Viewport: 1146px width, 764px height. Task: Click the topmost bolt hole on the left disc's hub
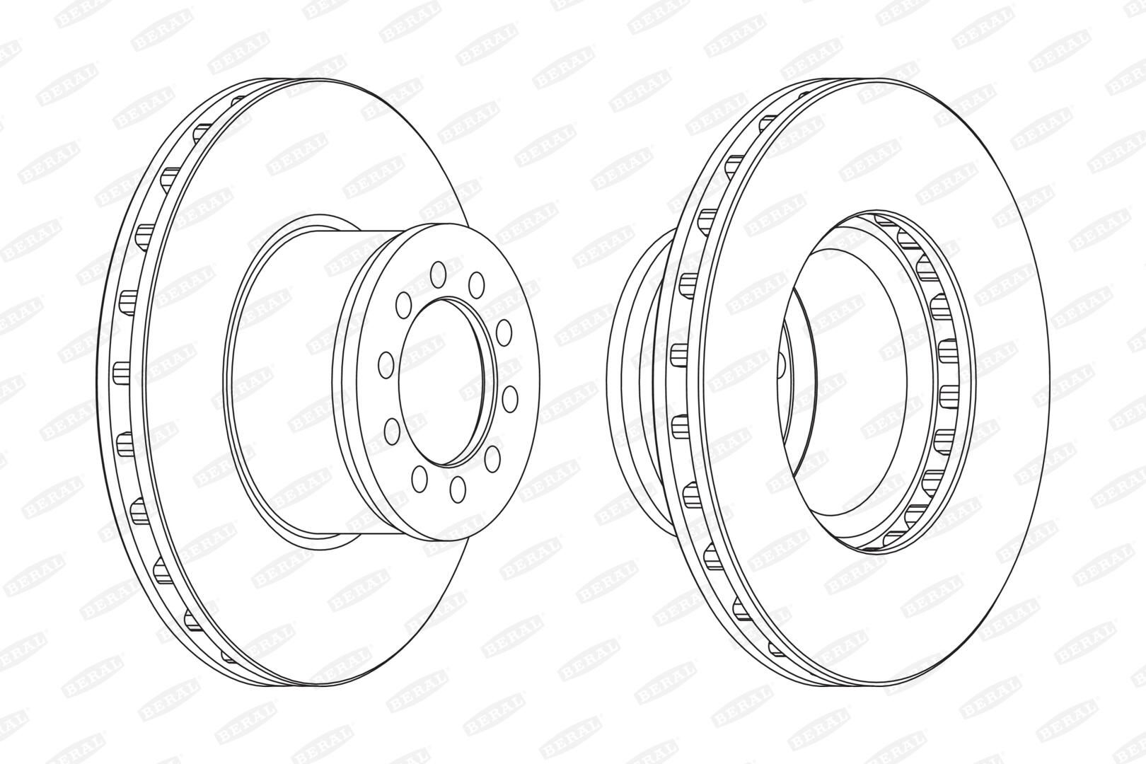(438, 274)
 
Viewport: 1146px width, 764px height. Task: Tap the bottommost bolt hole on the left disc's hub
(458, 489)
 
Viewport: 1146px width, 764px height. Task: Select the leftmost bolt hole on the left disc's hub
(386, 364)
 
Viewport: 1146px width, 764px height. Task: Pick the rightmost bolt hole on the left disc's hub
(509, 399)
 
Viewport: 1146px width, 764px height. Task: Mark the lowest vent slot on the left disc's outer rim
(228, 656)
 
